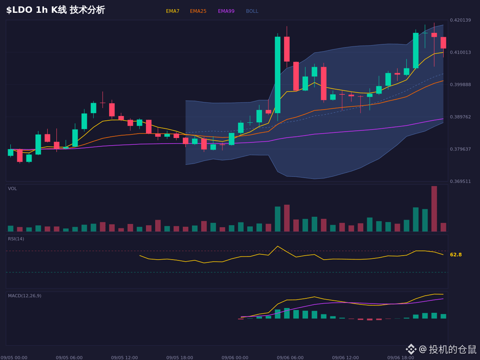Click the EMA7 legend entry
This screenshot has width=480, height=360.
click(x=172, y=11)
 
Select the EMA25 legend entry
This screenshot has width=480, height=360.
click(x=198, y=11)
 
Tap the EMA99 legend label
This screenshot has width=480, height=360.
click(x=226, y=11)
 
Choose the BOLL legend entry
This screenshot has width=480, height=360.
click(x=252, y=11)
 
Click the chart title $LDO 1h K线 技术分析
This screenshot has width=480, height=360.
click(x=56, y=10)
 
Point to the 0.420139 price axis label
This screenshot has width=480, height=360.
click(x=460, y=20)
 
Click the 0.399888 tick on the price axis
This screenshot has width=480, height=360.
click(x=460, y=84)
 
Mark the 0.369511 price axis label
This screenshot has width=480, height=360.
click(x=460, y=181)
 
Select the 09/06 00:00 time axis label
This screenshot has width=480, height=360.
click(x=235, y=358)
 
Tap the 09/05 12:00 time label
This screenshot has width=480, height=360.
click(x=124, y=358)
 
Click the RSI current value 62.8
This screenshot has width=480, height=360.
click(x=456, y=255)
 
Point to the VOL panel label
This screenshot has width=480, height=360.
click(x=12, y=189)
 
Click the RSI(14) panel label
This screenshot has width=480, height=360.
click(x=16, y=239)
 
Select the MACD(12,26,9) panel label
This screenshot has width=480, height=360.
click(x=24, y=296)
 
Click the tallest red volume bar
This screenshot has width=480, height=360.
click(x=434, y=209)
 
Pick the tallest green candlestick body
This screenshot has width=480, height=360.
click(x=278, y=75)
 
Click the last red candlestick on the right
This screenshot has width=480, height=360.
click(x=443, y=43)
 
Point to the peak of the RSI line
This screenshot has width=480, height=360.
click(x=278, y=246)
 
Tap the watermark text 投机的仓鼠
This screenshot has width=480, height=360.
click(x=452, y=349)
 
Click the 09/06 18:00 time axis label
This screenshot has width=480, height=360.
click(x=401, y=358)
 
